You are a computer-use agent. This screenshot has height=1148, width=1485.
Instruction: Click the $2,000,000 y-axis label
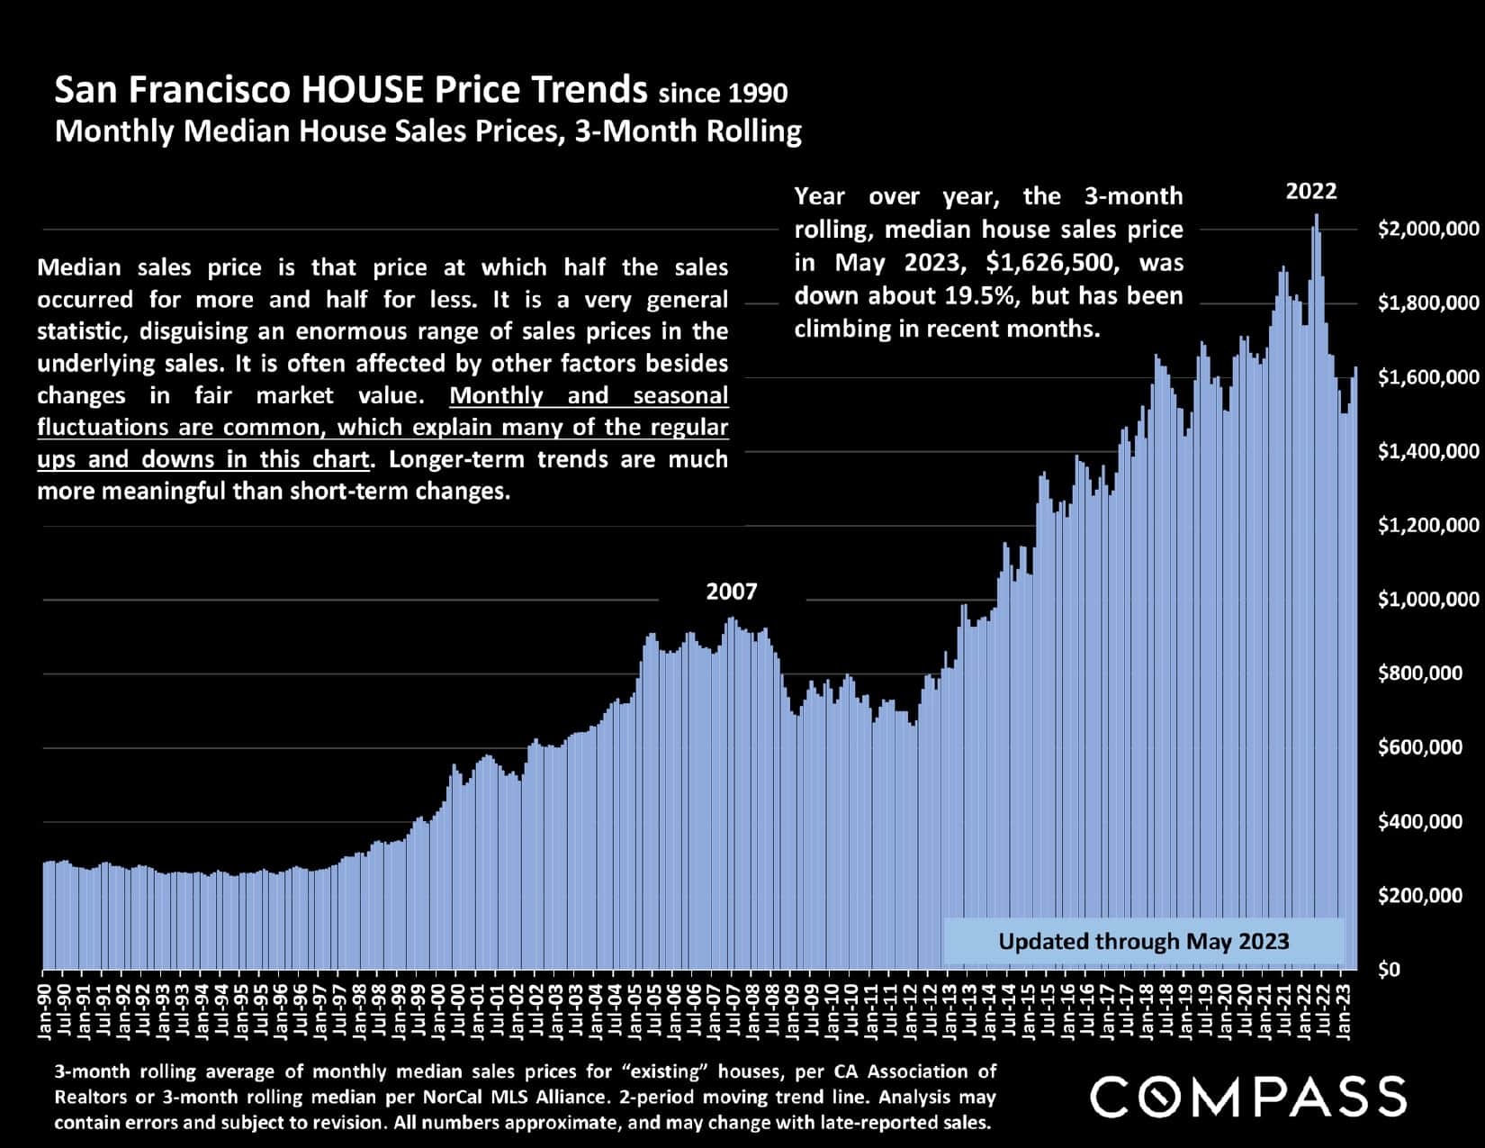pyautogui.click(x=1427, y=229)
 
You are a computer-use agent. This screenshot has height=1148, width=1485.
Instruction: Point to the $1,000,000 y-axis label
pyautogui.click(x=1427, y=600)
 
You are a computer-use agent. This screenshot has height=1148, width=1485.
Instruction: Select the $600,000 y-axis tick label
pyautogui.click(x=1420, y=747)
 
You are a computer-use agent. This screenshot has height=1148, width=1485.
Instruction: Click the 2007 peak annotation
pyautogui.click(x=731, y=592)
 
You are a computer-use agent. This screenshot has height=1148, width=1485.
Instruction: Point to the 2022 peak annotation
pyautogui.click(x=1310, y=191)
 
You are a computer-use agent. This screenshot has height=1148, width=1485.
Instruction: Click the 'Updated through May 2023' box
pyautogui.click(x=1143, y=942)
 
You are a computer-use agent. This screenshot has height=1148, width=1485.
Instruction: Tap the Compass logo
pyautogui.click(x=1247, y=1096)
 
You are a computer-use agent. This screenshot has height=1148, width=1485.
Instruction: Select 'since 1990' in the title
pyautogui.click(x=723, y=93)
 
